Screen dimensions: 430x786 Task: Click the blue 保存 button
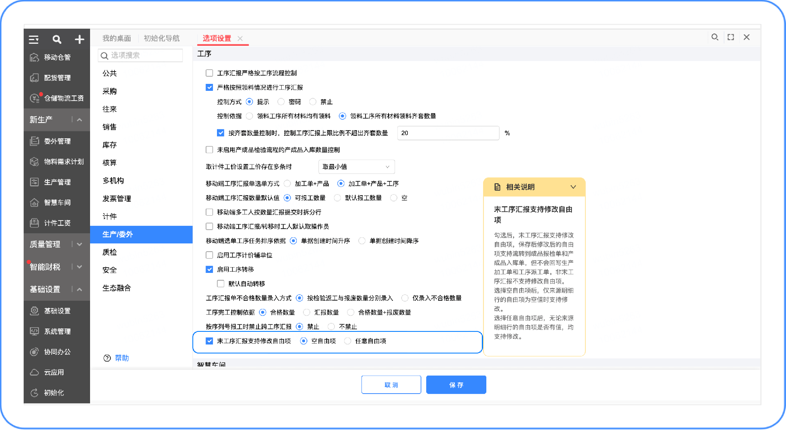pyautogui.click(x=456, y=385)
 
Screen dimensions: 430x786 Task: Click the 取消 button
pyautogui.click(x=391, y=385)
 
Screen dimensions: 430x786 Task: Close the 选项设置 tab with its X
pyautogui.click(x=240, y=38)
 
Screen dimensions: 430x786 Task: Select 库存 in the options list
pyautogui.click(x=110, y=145)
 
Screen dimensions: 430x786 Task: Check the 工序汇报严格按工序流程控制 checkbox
pyautogui.click(x=209, y=73)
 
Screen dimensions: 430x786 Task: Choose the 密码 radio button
pyautogui.click(x=281, y=101)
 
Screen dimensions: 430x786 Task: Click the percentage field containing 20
pyautogui.click(x=448, y=133)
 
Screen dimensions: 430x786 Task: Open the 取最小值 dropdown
pyautogui.click(x=356, y=167)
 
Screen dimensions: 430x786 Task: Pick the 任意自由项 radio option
pyautogui.click(x=348, y=341)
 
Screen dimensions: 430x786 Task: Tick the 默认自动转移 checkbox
pyautogui.click(x=221, y=284)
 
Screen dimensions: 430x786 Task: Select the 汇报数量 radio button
pyautogui.click(x=307, y=312)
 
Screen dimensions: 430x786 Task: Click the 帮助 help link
pyautogui.click(x=122, y=358)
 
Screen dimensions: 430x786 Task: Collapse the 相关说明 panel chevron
pyautogui.click(x=573, y=187)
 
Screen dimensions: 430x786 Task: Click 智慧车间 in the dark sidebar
pyautogui.click(x=57, y=203)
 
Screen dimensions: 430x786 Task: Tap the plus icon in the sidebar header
pyautogui.click(x=79, y=39)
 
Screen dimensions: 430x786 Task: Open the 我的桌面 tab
pyautogui.click(x=117, y=38)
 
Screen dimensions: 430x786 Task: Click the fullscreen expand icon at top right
pyautogui.click(x=731, y=37)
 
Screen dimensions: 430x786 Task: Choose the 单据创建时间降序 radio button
pyautogui.click(x=362, y=241)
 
